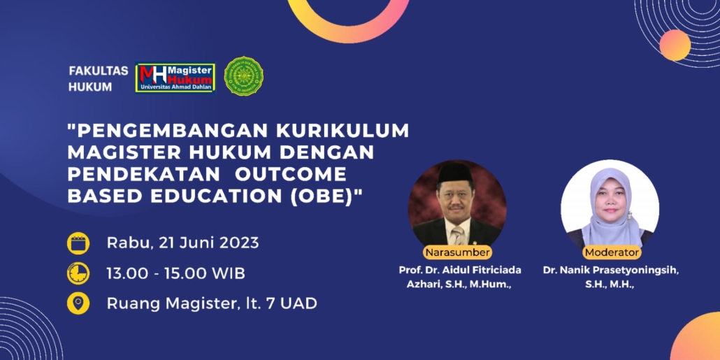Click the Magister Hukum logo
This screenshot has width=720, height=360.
click(175, 78)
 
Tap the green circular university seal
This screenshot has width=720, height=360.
click(243, 76)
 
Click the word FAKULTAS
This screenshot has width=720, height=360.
click(99, 71)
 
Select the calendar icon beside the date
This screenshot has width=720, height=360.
click(78, 243)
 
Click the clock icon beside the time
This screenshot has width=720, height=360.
click(78, 273)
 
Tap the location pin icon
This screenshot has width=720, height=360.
click(78, 303)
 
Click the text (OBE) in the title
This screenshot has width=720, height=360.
click(327, 196)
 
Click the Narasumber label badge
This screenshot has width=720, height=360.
click(457, 252)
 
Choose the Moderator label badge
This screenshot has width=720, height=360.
click(612, 252)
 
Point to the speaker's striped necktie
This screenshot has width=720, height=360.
click(458, 235)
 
